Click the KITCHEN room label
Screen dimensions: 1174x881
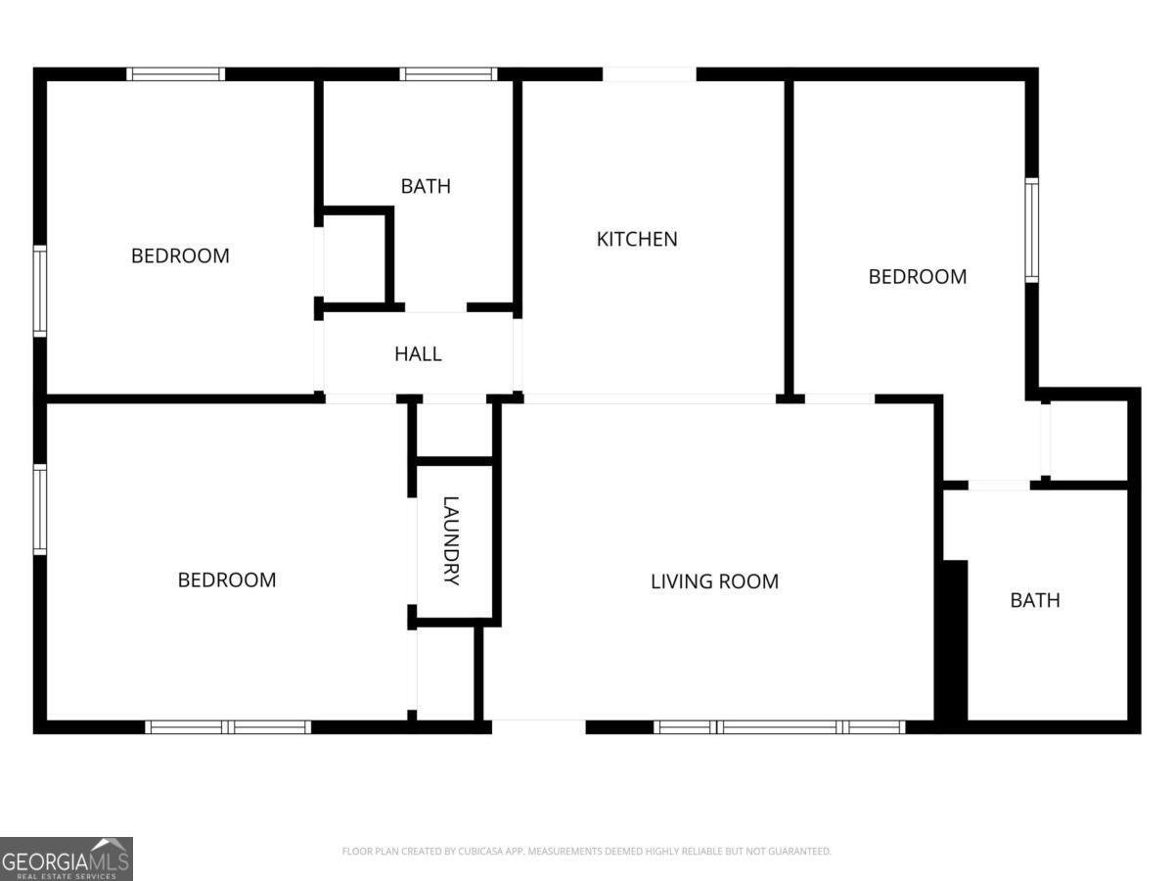pyautogui.click(x=637, y=239)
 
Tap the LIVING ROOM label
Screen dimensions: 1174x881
pyautogui.click(x=714, y=581)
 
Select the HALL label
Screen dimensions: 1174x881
pyautogui.click(x=418, y=353)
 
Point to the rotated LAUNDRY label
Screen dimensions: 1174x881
pyautogui.click(x=451, y=540)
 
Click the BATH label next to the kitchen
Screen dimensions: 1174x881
pyautogui.click(x=426, y=186)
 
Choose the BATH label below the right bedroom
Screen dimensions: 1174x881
pyautogui.click(x=1035, y=600)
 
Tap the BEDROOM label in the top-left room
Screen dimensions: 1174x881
pyautogui.click(x=180, y=255)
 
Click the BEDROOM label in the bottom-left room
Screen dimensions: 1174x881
pyautogui.click(x=227, y=580)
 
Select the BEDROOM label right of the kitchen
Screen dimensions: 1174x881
pyautogui.click(x=918, y=277)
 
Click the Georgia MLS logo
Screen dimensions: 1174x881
pyautogui.click(x=67, y=859)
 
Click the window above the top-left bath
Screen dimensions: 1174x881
pyautogui.click(x=448, y=73)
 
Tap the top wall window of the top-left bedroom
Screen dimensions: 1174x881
pyautogui.click(x=175, y=73)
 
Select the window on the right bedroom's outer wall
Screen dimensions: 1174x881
pyautogui.click(x=1032, y=230)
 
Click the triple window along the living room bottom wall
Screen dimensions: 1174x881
pyautogui.click(x=780, y=727)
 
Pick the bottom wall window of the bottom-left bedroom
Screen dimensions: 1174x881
pyautogui.click(x=228, y=727)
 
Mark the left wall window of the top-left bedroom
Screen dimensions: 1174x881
pyautogui.click(x=40, y=292)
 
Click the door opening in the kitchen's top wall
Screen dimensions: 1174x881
pyautogui.click(x=650, y=74)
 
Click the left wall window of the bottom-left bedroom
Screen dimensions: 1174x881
pyautogui.click(x=40, y=509)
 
